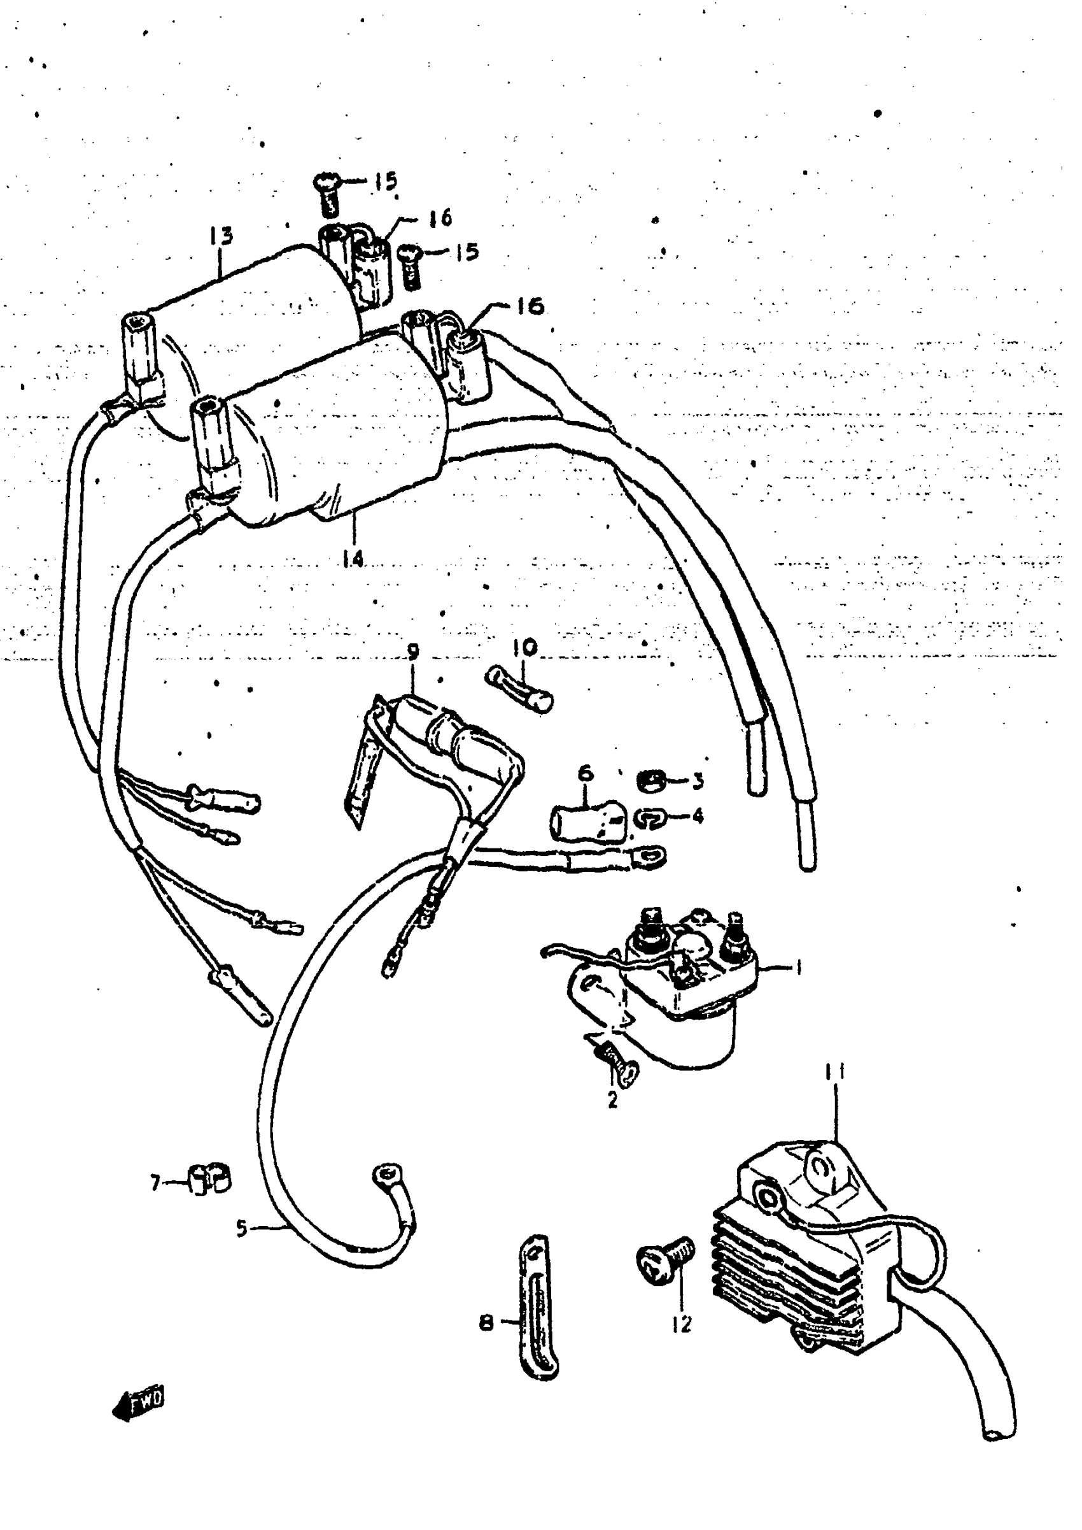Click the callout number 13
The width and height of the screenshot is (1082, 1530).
[221, 236]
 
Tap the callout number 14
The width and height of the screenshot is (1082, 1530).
[353, 559]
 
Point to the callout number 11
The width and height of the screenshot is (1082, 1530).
[835, 1072]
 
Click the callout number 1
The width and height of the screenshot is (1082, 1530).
[797, 967]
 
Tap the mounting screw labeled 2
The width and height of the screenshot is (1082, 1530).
[617, 1061]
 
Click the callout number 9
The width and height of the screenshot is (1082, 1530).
[413, 652]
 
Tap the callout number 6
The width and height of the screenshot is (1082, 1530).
[585, 773]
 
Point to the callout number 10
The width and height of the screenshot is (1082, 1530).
[525, 646]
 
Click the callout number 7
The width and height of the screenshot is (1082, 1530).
[155, 1183]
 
